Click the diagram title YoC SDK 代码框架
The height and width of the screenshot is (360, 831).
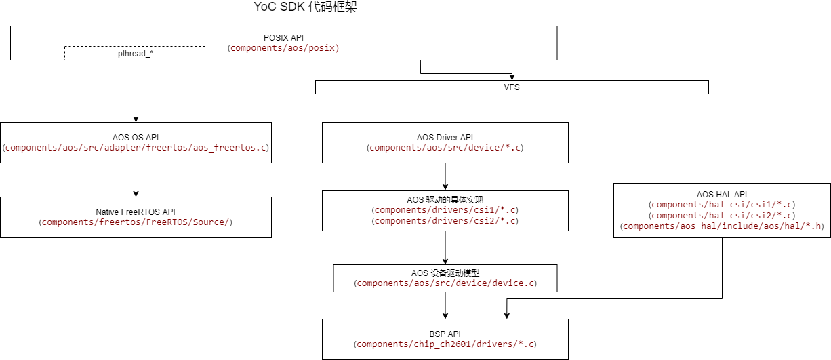[x=306, y=8]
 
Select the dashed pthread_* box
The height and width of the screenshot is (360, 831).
[x=136, y=53]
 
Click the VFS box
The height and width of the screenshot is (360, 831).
[x=512, y=87]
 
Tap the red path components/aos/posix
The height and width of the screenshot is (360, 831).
[x=283, y=48]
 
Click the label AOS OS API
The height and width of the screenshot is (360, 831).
[x=136, y=137]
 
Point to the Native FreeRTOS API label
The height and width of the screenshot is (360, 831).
[x=136, y=212]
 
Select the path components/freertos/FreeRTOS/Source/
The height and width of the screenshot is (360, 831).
[x=136, y=222]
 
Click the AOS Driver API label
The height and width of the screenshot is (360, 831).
[x=445, y=137]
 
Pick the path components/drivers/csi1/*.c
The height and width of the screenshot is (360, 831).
[x=445, y=210]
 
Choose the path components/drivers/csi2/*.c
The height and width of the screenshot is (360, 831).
[x=445, y=221]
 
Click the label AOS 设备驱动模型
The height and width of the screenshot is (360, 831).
[x=445, y=273]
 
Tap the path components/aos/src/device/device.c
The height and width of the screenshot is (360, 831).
[x=445, y=283]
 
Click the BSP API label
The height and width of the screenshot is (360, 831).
[x=445, y=334]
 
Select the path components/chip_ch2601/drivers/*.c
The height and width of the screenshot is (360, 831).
[x=445, y=344]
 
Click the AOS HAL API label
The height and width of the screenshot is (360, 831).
[x=722, y=194]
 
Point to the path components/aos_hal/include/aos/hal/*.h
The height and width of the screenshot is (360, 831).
[x=722, y=226]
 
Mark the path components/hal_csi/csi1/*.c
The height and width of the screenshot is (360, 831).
[x=722, y=205]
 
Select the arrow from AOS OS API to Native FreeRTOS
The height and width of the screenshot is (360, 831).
[x=136, y=180]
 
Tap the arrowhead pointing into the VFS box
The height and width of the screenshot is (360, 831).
[x=512, y=77]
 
